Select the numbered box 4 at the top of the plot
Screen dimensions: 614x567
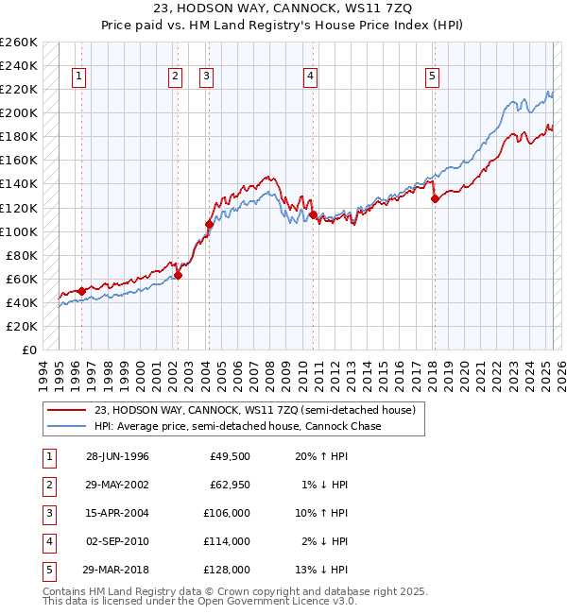click(x=310, y=77)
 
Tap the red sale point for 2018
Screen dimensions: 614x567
click(x=435, y=197)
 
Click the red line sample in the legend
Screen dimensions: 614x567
click(x=68, y=411)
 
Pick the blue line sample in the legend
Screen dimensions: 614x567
click(x=68, y=427)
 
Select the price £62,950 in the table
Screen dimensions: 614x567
click(x=228, y=486)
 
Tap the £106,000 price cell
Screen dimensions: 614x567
click(x=226, y=514)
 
